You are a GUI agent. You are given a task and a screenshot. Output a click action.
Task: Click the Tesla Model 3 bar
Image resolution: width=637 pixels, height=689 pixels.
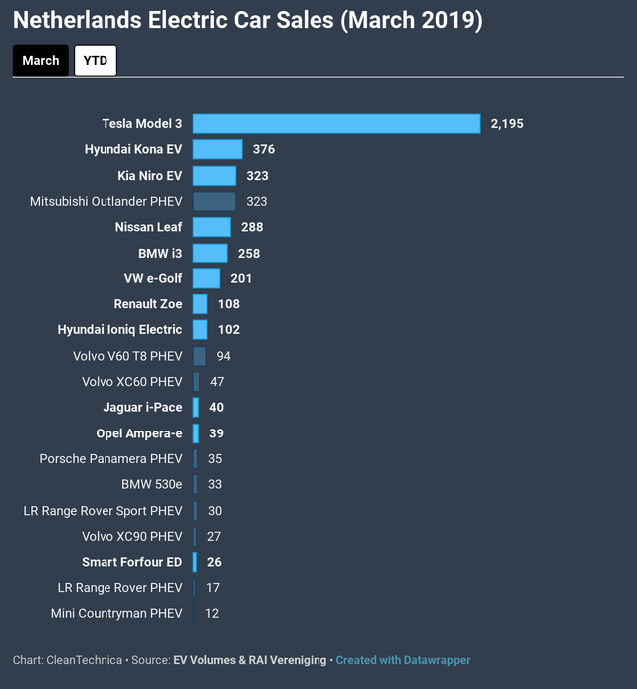[x=336, y=124]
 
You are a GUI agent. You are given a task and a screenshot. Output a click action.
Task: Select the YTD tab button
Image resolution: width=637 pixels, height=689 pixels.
[x=96, y=61]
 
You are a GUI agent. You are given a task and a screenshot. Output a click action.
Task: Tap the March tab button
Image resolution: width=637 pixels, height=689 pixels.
[x=41, y=61]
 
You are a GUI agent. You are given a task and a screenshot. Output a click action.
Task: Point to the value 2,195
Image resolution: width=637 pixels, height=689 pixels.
[x=507, y=124]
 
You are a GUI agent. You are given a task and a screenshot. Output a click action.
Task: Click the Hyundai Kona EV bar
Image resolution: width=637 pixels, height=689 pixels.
[x=218, y=149]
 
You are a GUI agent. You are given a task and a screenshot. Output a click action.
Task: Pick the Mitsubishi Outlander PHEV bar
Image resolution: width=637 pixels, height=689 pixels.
[x=214, y=201]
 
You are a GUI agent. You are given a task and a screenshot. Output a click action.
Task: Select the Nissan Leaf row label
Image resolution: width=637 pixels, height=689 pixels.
[x=148, y=227]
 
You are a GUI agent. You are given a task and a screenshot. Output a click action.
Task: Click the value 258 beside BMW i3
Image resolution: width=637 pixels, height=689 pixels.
[x=249, y=254]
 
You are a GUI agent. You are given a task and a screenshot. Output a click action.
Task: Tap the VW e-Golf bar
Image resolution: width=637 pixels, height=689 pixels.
[x=206, y=278]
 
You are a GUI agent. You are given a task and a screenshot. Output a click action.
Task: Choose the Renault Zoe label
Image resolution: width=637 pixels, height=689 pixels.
[x=148, y=304]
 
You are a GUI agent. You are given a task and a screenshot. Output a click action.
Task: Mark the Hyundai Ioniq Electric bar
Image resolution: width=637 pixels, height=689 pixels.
[x=200, y=329]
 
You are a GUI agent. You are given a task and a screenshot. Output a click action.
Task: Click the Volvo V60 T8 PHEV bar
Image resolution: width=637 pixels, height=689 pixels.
[x=199, y=356]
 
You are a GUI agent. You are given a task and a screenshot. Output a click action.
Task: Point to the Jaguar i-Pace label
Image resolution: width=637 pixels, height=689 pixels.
[x=143, y=408]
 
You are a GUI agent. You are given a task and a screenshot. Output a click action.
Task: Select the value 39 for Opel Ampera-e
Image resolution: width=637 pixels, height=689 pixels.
[x=216, y=433]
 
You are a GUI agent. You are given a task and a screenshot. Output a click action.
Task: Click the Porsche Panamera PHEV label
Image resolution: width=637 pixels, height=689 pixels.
[x=110, y=458]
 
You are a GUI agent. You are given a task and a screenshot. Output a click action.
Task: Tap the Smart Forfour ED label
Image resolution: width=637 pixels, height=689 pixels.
[x=132, y=562]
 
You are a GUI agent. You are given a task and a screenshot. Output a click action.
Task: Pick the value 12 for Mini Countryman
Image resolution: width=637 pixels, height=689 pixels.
[x=212, y=613]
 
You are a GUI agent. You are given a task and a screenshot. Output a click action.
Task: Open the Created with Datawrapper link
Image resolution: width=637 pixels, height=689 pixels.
[x=403, y=660]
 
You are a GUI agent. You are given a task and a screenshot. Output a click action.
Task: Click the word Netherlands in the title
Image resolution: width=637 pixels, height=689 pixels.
[x=78, y=20]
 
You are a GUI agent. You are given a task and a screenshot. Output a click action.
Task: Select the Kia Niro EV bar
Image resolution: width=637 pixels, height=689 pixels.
[x=215, y=176]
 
